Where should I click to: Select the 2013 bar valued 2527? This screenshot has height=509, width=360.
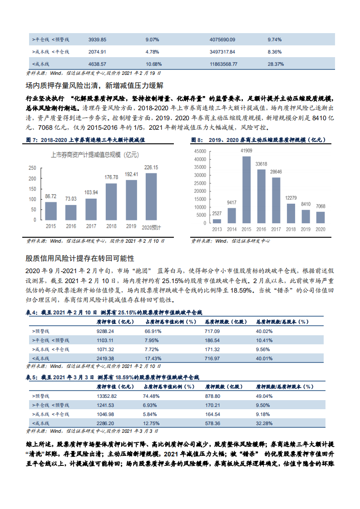click(217, 222)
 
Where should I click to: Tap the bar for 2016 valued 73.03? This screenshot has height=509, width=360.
click(71, 212)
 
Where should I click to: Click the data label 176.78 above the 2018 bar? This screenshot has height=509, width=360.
click(111, 177)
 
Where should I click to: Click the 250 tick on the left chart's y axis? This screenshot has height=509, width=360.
click(32, 168)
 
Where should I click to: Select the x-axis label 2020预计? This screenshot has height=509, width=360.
click(152, 226)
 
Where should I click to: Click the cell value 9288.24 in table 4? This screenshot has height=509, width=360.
click(105, 331)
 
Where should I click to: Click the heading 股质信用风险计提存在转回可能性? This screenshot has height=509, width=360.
click(79, 258)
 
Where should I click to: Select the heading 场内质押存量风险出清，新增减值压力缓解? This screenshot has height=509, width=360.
click(94, 85)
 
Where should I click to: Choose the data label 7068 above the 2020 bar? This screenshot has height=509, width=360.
click(320, 207)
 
